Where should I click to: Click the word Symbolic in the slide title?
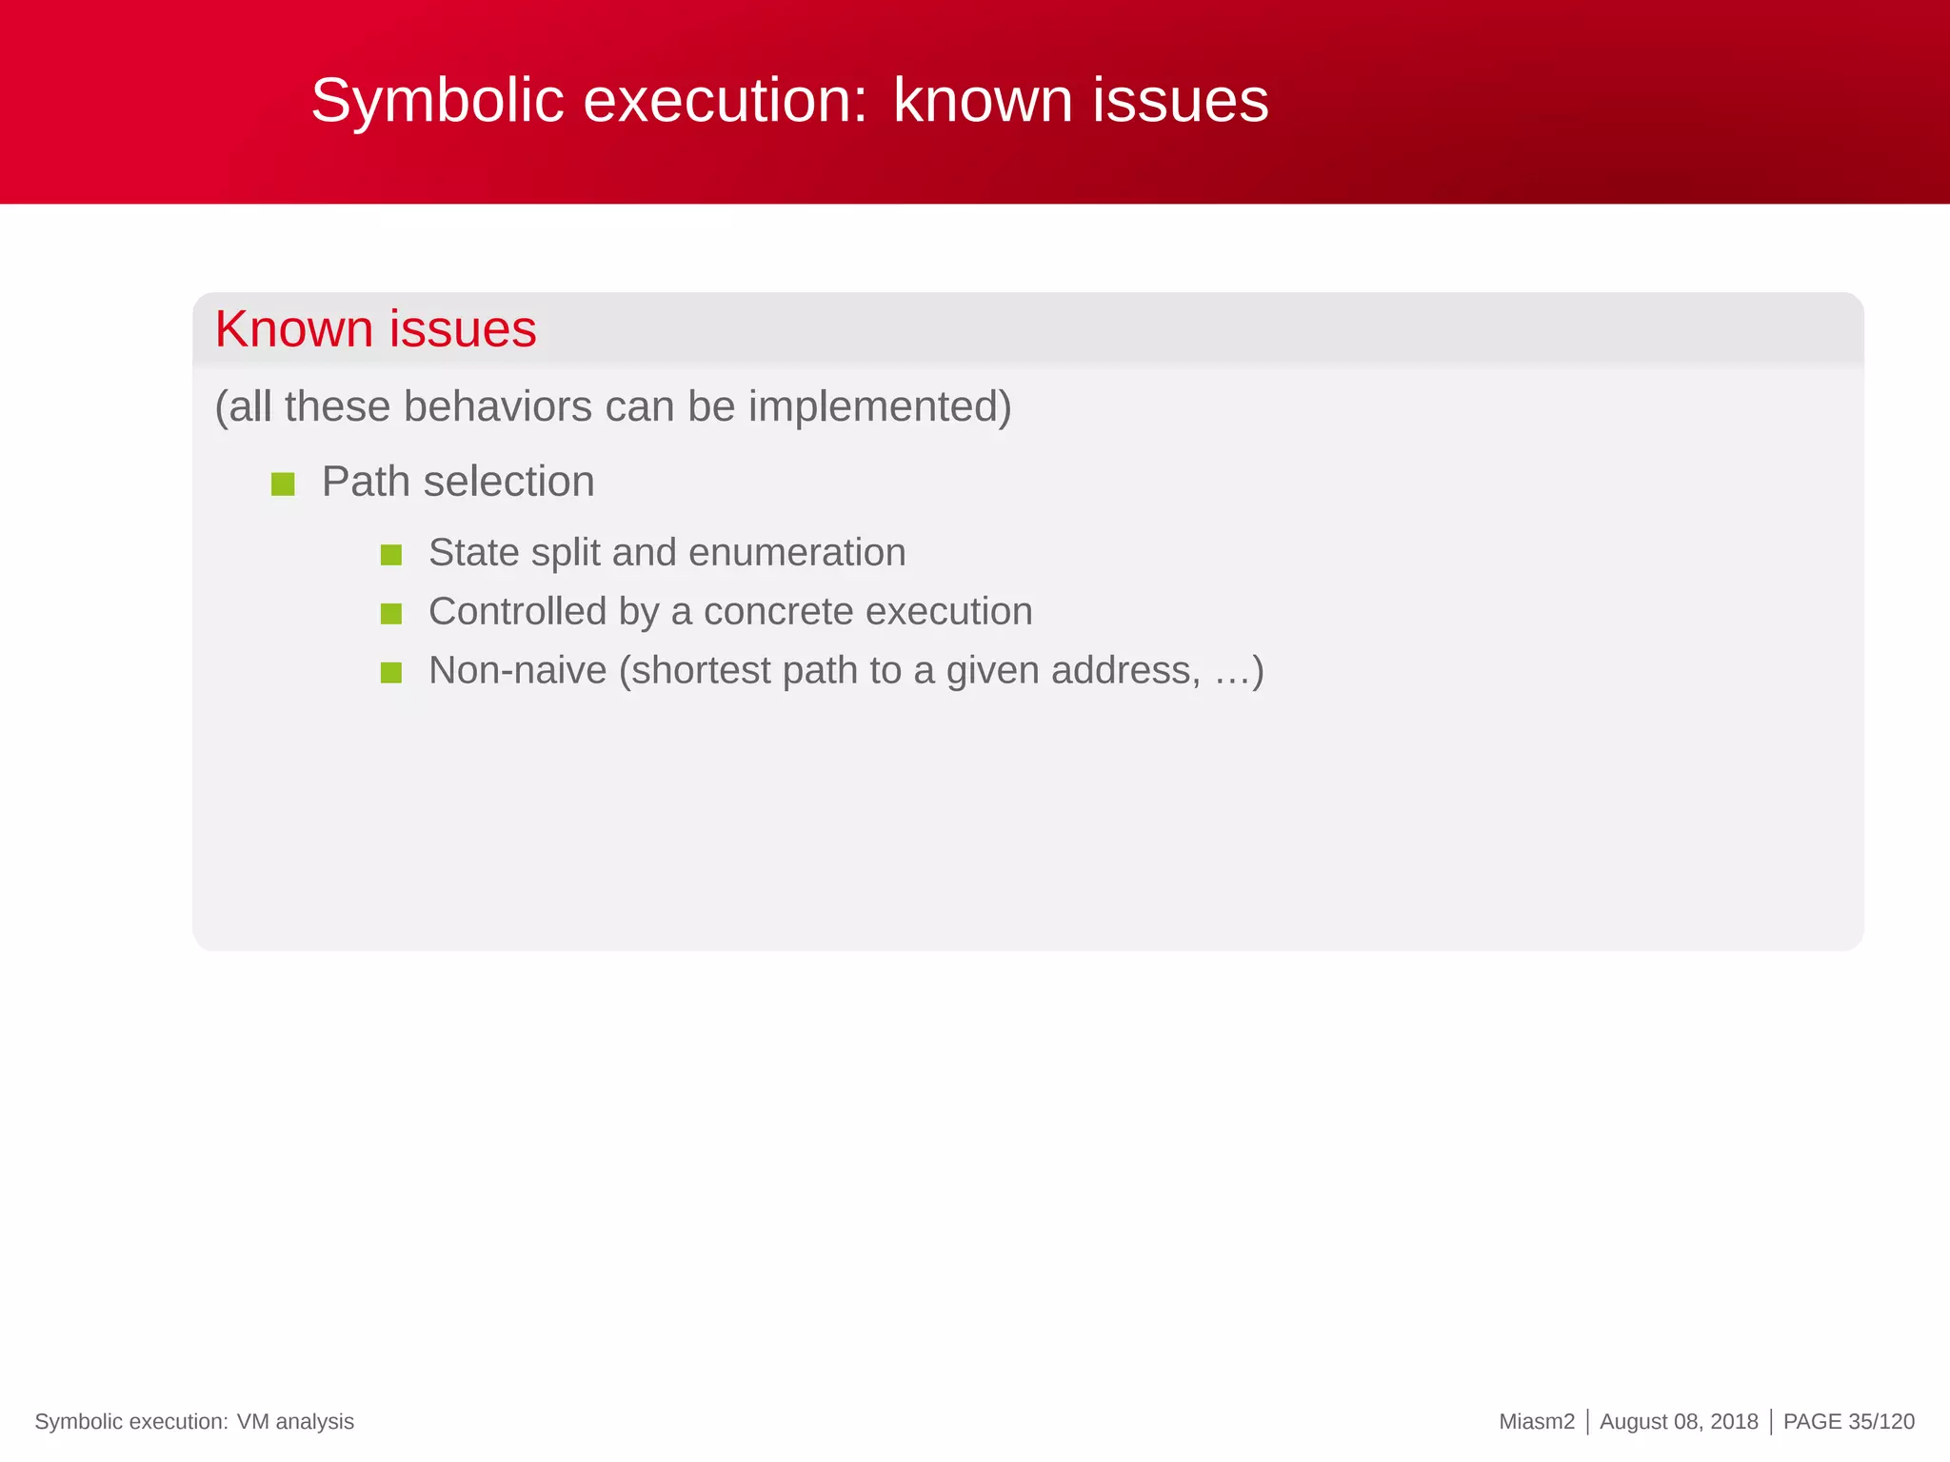437,101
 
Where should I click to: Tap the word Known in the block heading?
293,329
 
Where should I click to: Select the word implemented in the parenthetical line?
878,407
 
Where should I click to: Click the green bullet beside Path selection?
283,484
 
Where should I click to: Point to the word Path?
366,482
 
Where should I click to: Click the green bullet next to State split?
390,555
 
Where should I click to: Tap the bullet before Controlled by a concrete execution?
390,614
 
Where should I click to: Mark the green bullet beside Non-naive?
390,673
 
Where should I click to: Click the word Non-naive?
517,671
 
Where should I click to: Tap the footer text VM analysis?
295,1421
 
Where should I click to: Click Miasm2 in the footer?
1536,1421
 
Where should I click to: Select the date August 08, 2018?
1679,1421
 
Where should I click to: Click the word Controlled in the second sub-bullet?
517,612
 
